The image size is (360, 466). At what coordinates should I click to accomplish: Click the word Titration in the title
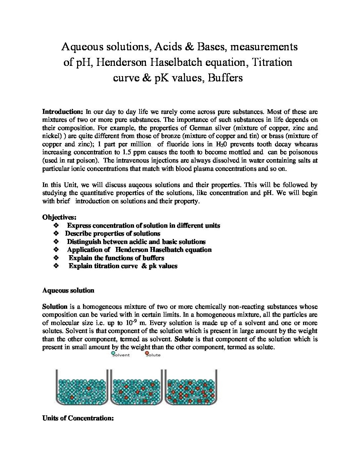click(272, 62)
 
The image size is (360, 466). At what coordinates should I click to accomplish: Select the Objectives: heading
click(59, 217)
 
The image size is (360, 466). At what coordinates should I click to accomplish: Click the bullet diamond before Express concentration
click(56, 226)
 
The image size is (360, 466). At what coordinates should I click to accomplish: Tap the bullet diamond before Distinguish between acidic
click(56, 242)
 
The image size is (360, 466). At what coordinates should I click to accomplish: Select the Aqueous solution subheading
click(68, 291)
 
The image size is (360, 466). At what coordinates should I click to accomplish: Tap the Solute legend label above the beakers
click(153, 355)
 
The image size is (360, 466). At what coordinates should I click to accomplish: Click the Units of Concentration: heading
click(78, 418)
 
